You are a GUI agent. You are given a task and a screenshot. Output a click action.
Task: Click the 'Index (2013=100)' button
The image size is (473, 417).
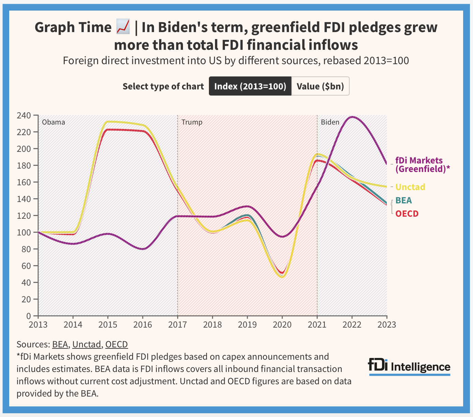(x=250, y=86)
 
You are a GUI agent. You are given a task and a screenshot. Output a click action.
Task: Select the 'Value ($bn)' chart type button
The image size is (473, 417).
(x=320, y=86)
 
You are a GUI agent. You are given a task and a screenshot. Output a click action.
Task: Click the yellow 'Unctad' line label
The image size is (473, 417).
(x=410, y=187)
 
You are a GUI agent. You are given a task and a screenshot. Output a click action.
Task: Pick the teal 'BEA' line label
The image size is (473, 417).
(x=403, y=200)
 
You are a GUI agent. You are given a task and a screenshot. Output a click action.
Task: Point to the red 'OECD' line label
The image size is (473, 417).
(x=407, y=214)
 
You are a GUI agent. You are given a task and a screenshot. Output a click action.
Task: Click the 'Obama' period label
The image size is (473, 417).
(x=54, y=122)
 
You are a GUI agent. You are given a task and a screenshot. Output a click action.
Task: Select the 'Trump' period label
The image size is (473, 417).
(x=192, y=122)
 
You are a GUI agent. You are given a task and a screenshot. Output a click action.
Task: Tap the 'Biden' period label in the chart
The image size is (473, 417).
(x=330, y=122)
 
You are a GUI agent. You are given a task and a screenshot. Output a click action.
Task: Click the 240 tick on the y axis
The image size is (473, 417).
(x=24, y=115)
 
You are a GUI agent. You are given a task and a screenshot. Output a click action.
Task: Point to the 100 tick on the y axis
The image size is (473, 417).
(x=24, y=232)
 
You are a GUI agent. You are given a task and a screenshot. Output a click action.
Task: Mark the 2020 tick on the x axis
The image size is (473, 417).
(x=282, y=324)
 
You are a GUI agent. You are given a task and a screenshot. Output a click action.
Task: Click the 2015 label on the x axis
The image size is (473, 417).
(x=108, y=324)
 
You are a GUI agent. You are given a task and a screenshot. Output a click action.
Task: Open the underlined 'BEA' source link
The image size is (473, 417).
(x=60, y=344)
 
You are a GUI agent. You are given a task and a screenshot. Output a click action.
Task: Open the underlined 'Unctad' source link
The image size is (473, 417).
(x=87, y=344)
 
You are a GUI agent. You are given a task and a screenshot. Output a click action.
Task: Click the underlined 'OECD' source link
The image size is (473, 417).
(x=117, y=344)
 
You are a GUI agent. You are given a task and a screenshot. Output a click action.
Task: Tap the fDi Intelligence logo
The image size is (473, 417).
(x=409, y=366)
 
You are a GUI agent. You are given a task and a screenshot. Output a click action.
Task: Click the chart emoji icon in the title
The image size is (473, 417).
(x=123, y=27)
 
